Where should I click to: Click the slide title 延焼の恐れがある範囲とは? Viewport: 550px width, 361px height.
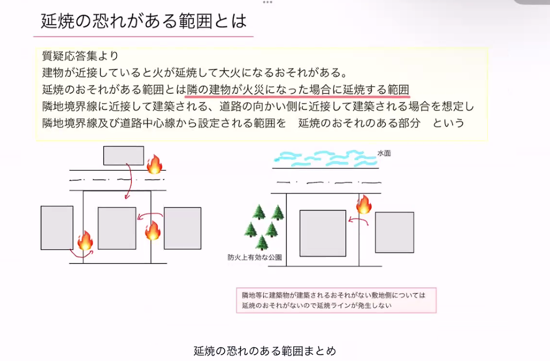[x=144, y=22]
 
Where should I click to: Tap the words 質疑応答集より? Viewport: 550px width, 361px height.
[x=81, y=56]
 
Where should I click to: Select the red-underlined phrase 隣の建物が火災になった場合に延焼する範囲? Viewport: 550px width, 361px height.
[x=298, y=89]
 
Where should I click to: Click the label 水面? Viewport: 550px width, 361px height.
[x=384, y=154]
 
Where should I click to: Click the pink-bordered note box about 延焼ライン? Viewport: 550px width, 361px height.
[x=336, y=300]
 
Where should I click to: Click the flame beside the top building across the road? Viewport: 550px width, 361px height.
[x=154, y=164]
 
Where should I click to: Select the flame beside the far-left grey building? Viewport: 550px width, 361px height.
[x=85, y=241]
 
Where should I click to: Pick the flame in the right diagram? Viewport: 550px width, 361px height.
[x=364, y=205]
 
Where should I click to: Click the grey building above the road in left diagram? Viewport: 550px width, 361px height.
[x=123, y=156]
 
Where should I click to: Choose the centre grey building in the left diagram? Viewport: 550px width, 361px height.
[x=117, y=228]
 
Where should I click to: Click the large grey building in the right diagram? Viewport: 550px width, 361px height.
[x=323, y=233]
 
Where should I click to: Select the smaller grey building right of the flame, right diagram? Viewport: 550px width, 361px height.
[x=395, y=232]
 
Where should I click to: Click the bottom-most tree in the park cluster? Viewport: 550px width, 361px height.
[x=262, y=242]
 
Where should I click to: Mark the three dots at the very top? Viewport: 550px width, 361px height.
[x=267, y=2]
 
